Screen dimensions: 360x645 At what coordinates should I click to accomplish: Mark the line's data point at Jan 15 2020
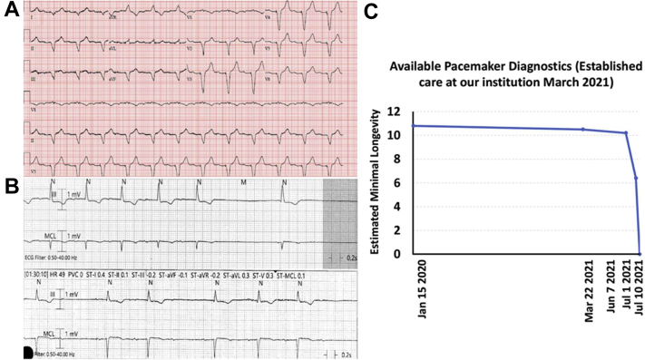point(413,126)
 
